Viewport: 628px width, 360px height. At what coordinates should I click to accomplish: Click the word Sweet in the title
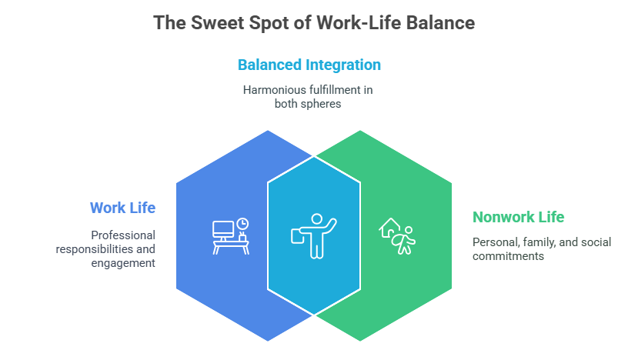[x=217, y=22]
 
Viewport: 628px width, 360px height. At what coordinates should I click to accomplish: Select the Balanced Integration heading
[x=309, y=65]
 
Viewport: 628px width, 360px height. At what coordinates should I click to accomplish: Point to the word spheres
[x=321, y=104]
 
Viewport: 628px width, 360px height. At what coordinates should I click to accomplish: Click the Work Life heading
[x=122, y=208]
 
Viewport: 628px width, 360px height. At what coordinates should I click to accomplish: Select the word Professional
[x=123, y=235]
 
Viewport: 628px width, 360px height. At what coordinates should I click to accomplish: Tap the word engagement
[x=123, y=263]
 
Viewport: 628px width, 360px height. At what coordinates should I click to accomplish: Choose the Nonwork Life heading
[x=518, y=217]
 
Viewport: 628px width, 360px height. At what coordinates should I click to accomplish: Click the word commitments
[x=508, y=256]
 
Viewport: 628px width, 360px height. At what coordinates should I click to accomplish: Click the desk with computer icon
[x=231, y=236]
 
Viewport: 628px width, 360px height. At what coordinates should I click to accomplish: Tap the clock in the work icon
[x=242, y=223]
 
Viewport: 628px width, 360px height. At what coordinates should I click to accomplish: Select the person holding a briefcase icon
[x=313, y=236]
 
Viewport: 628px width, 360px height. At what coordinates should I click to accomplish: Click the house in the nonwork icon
[x=389, y=228]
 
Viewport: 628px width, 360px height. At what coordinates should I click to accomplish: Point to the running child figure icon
[x=406, y=241]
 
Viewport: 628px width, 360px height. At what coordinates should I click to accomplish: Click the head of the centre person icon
[x=317, y=218]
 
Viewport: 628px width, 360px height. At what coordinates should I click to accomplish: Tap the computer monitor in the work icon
[x=223, y=229]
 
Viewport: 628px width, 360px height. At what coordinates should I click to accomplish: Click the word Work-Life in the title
[x=359, y=22]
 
